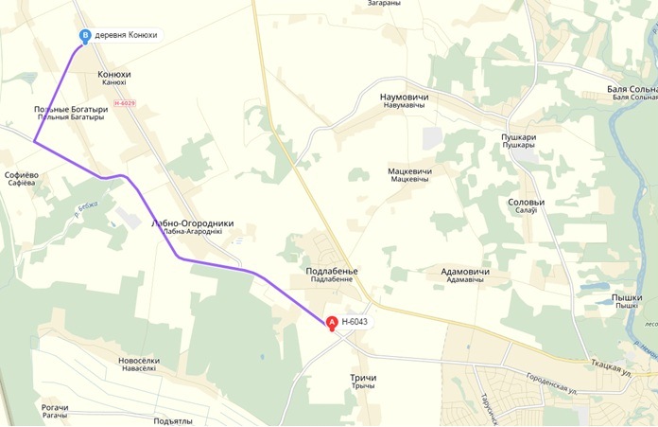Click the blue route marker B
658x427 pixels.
[x=86, y=36]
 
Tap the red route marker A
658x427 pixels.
[x=332, y=322]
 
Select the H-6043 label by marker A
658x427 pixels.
[x=355, y=322]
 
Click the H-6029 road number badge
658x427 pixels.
[x=125, y=102]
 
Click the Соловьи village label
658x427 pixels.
[x=527, y=203]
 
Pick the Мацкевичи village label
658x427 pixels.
[x=409, y=171]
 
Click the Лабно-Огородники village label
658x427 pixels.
[x=192, y=224]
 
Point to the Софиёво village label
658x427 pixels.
[x=21, y=175]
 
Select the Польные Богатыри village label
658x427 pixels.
[x=71, y=110]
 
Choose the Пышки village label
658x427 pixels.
[x=627, y=297]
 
